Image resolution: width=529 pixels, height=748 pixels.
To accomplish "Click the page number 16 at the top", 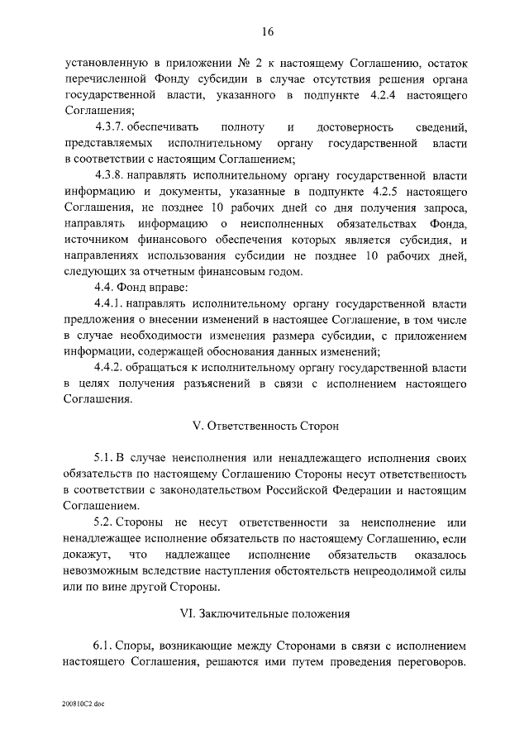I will tap(267, 32).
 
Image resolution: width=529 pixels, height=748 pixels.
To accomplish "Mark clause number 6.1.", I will tap(103, 645).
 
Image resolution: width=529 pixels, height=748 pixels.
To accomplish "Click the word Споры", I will tap(134, 645).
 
